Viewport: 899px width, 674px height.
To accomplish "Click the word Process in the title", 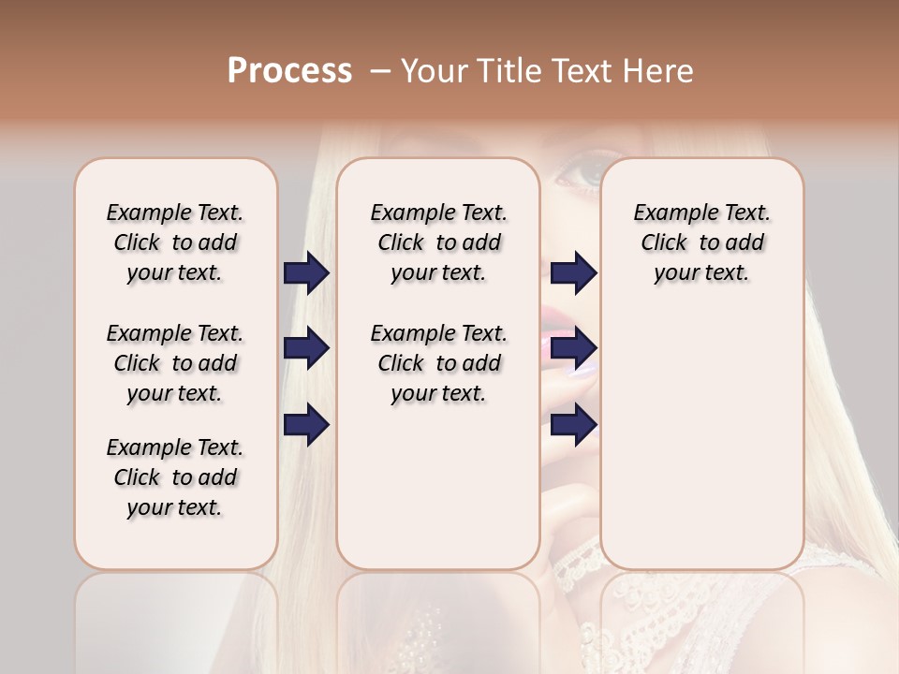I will click(x=289, y=71).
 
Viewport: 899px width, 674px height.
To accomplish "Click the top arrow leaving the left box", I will click(x=306, y=273).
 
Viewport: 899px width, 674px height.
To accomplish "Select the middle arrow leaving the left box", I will click(x=306, y=349).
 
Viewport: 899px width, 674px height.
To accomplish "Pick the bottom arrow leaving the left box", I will click(x=306, y=425).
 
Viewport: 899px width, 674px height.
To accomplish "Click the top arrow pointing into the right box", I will click(x=573, y=273).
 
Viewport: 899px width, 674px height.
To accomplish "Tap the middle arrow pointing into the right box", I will click(x=573, y=349).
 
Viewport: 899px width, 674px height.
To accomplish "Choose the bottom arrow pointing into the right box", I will click(x=573, y=425).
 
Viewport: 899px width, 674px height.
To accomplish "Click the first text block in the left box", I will click(x=175, y=242).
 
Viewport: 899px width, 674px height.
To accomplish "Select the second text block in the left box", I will click(x=175, y=363).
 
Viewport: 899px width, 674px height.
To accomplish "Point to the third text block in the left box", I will click(x=175, y=477).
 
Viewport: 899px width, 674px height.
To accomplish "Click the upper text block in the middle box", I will click(x=438, y=242).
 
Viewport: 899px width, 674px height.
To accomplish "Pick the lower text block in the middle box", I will click(x=438, y=363).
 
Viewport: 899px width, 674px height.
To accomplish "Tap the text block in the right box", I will click(x=701, y=242).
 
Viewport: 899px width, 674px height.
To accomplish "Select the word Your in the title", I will click(x=431, y=71).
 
